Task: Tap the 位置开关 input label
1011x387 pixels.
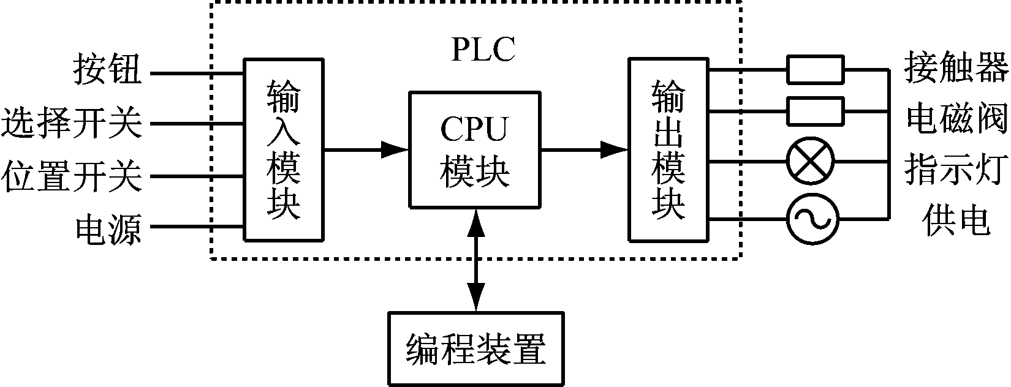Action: coord(72,177)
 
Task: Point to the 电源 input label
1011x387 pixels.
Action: coord(108,230)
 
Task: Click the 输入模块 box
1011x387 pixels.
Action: coord(284,149)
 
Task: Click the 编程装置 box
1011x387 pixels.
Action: coord(475,348)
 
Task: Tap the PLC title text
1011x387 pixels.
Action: coord(483,50)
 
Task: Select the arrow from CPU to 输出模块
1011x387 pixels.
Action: coord(585,149)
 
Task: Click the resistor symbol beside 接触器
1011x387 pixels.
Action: coord(815,70)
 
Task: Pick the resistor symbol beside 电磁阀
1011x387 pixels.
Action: coord(815,111)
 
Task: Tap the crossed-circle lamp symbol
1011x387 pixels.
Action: coord(811,162)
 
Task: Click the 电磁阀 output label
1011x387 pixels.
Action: coord(956,119)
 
